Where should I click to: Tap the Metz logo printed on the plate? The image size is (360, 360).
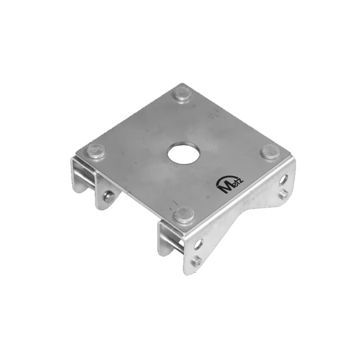coord(230,185)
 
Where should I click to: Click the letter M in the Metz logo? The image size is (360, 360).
coord(225,188)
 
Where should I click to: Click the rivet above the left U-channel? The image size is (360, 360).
coord(95,150)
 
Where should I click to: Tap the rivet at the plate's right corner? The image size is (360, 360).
coord(271,152)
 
